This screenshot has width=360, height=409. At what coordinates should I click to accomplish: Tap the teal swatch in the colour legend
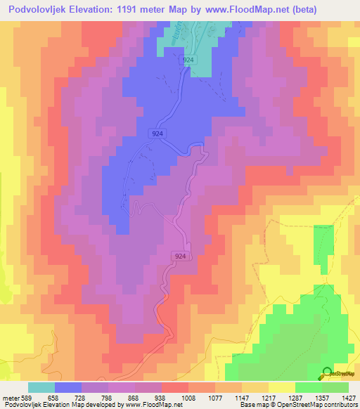[x=41, y=387]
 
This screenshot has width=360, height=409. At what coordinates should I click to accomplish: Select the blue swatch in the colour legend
[x=68, y=387]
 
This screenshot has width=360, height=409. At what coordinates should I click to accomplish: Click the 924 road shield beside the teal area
[x=188, y=61]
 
